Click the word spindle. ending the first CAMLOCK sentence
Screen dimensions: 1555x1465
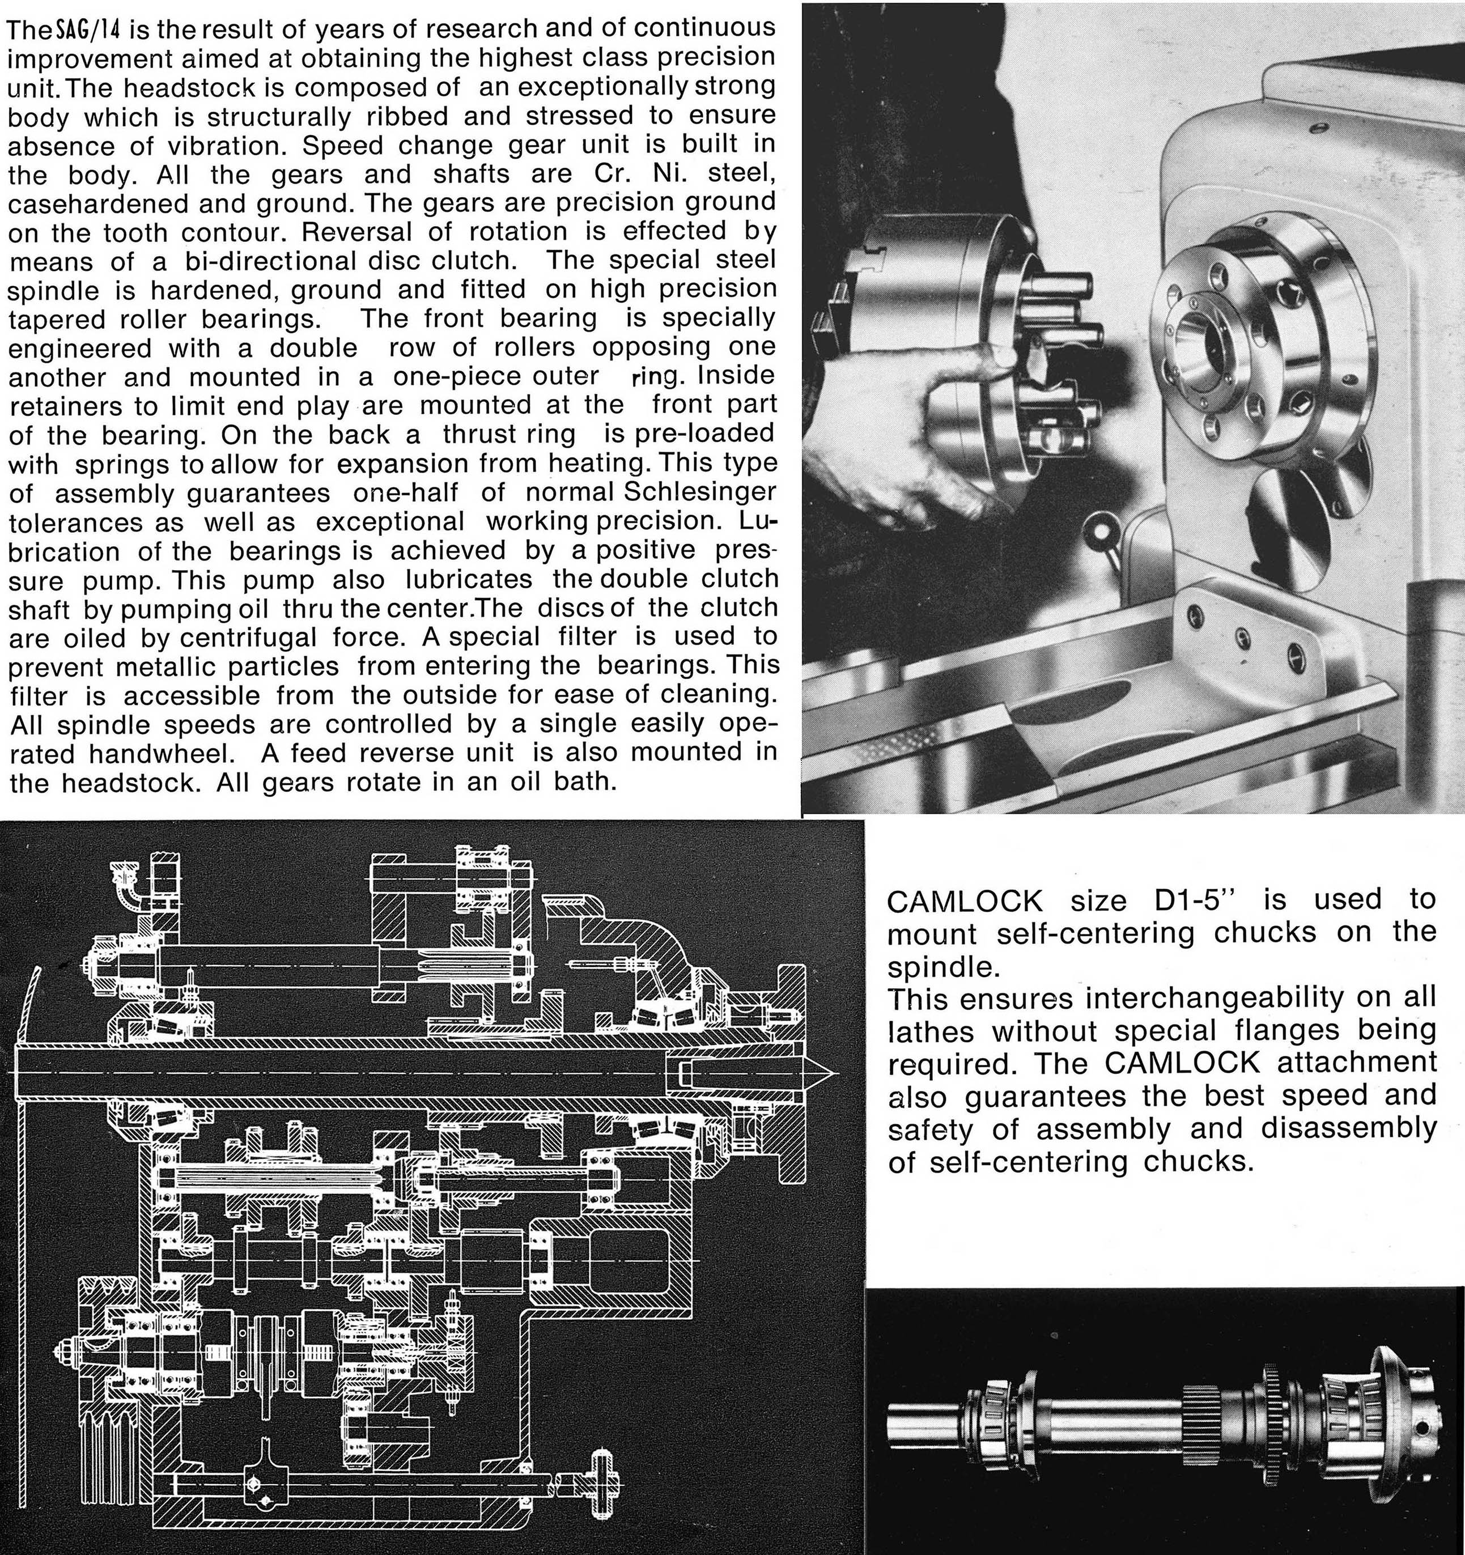(x=943, y=967)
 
